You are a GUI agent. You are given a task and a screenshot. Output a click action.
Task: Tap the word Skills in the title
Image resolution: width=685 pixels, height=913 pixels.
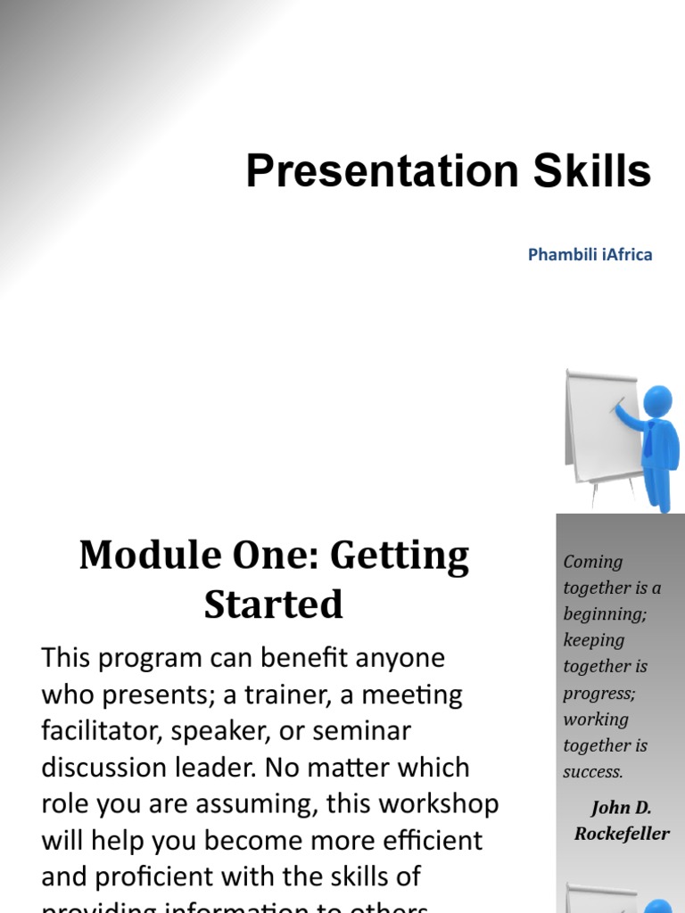click(x=591, y=171)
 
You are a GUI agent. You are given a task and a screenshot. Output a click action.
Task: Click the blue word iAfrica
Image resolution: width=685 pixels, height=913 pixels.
click(x=627, y=255)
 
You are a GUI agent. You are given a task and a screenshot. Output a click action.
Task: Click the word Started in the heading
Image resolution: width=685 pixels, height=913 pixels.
click(x=273, y=605)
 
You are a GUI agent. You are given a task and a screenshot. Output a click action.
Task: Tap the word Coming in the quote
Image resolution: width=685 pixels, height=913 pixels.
click(x=593, y=562)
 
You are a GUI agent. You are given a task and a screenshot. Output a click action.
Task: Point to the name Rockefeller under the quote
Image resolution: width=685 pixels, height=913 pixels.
click(x=623, y=835)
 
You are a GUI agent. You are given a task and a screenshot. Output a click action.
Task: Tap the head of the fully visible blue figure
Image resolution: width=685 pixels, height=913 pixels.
click(x=658, y=402)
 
